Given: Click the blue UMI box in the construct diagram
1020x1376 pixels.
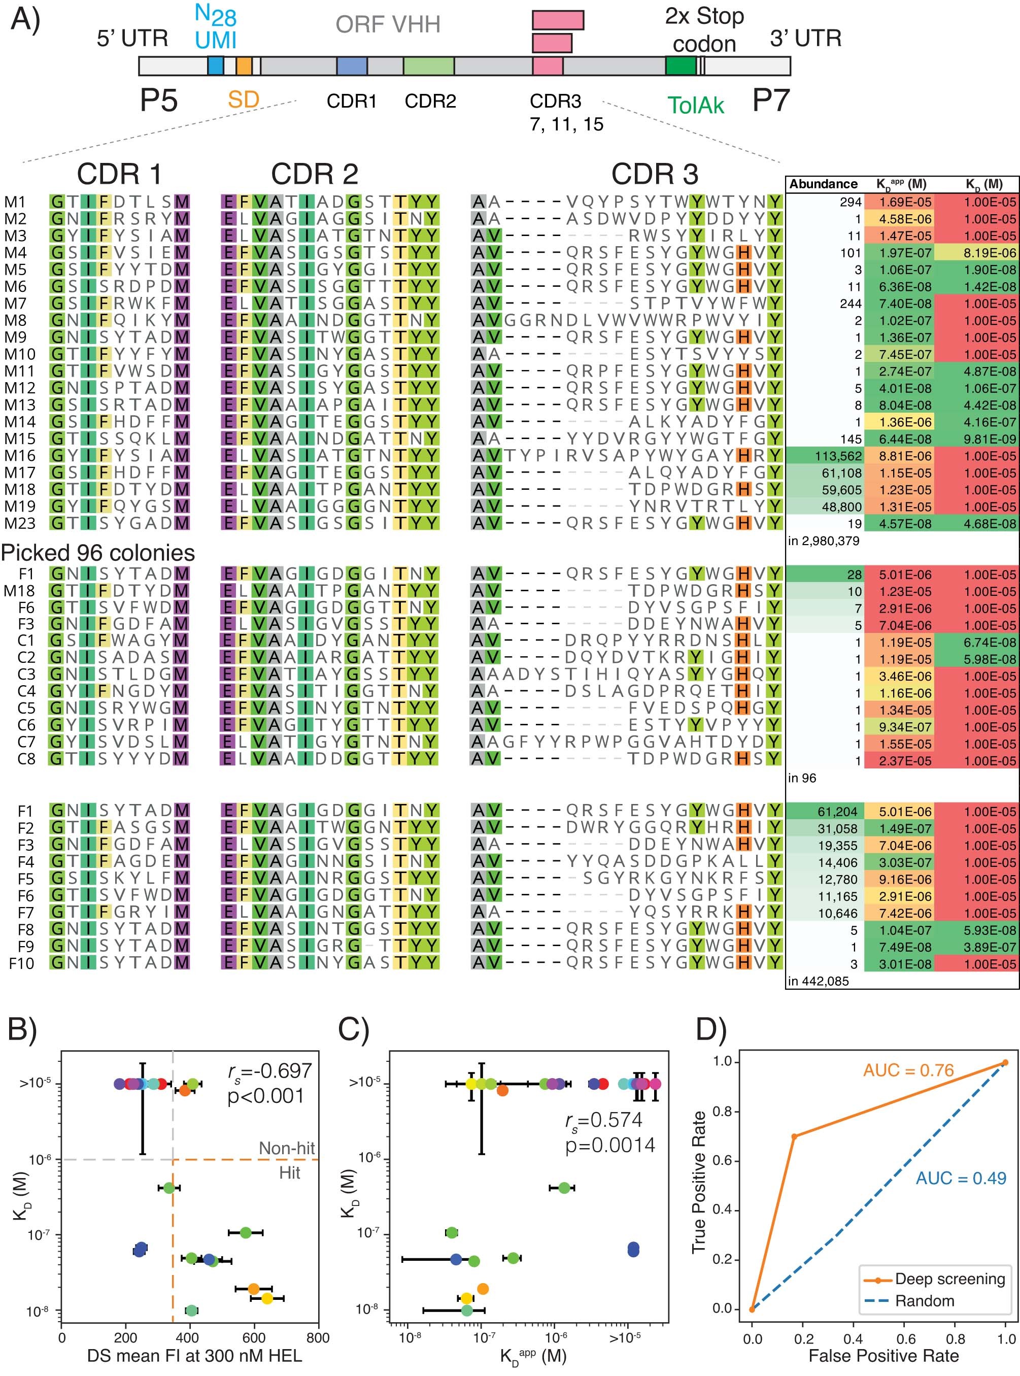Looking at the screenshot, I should [x=216, y=66].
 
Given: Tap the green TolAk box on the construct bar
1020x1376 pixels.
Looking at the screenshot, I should [x=681, y=66].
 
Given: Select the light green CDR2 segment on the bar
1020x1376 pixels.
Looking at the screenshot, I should [x=428, y=66].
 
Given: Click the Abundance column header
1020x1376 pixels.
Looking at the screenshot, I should [x=823, y=184].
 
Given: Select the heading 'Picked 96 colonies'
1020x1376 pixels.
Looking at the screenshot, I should [x=97, y=553].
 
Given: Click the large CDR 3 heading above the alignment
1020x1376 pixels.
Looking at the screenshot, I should [x=655, y=174].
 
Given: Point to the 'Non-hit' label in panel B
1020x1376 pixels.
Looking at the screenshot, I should [x=287, y=1148].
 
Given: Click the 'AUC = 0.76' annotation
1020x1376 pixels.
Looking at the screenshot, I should [x=908, y=1070].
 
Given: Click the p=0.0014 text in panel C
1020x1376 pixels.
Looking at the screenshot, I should [x=610, y=1145].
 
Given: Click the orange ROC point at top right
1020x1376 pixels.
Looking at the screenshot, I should [x=1005, y=1063].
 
